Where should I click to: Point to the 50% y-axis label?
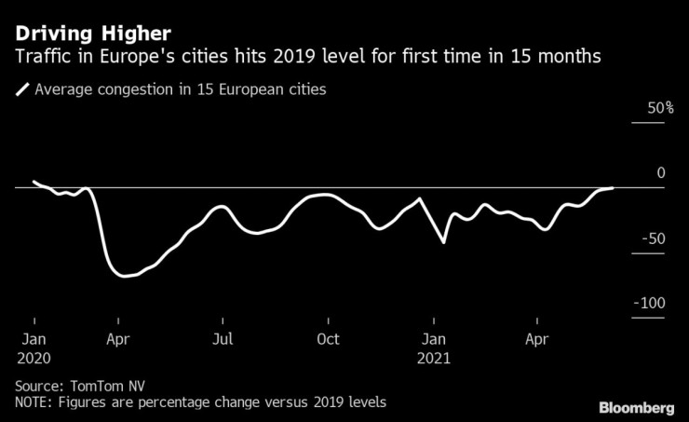(649, 108)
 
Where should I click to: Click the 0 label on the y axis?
(660, 172)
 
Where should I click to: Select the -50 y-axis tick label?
(652, 238)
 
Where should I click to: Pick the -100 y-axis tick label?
(648, 304)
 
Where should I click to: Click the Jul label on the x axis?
(222, 340)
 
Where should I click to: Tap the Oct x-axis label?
(327, 340)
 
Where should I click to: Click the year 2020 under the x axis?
(34, 358)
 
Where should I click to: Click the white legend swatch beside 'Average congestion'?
(21, 90)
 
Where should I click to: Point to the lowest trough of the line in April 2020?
(125, 276)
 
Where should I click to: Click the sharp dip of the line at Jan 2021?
(444, 242)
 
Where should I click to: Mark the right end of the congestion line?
(613, 188)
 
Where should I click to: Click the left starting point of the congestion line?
(34, 182)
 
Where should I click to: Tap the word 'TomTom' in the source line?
(96, 384)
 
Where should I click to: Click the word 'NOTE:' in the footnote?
(35, 402)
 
